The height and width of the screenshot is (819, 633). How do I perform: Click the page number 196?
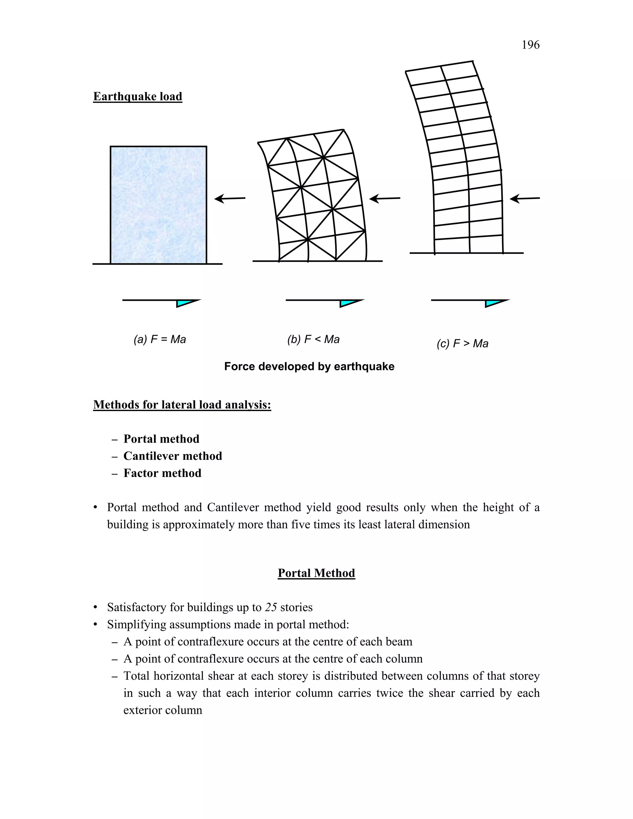[530, 45]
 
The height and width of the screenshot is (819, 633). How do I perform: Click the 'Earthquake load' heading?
[138, 96]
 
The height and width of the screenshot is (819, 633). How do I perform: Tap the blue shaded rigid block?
[158, 205]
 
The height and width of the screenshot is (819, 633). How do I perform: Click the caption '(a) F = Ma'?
[160, 339]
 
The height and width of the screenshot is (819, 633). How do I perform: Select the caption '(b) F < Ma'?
[313, 339]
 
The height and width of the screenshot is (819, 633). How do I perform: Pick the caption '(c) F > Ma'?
[462, 343]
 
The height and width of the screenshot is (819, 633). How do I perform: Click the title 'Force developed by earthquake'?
[309, 366]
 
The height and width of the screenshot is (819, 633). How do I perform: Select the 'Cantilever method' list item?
[172, 456]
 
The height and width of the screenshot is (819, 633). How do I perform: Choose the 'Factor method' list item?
[162, 473]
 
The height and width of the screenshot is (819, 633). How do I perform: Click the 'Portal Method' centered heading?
[316, 573]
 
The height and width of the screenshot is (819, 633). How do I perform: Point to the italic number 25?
[271, 607]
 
